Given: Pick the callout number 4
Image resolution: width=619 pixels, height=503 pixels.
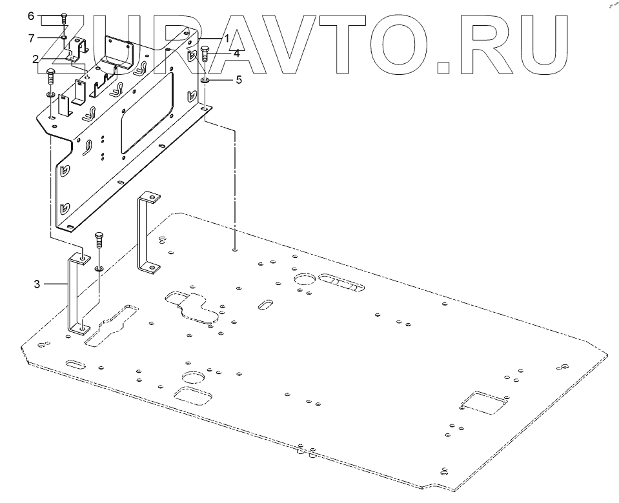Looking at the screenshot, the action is (x=236, y=54).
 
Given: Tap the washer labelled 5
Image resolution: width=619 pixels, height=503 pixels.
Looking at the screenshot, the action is (x=205, y=81).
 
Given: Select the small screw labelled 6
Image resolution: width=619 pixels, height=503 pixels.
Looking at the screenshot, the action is (x=64, y=18).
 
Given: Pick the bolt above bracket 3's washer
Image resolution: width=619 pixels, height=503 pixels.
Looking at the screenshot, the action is (x=99, y=242).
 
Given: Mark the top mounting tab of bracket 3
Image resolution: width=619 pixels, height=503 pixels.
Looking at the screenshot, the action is (x=82, y=259).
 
